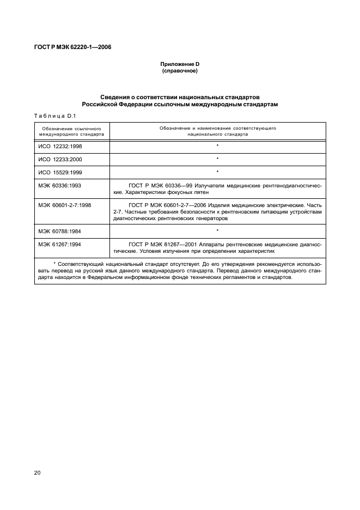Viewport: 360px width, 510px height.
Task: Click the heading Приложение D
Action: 180,64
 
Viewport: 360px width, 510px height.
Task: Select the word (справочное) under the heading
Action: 180,71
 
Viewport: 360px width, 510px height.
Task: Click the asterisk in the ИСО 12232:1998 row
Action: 217,147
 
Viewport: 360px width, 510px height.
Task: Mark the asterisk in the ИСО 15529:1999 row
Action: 217,173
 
